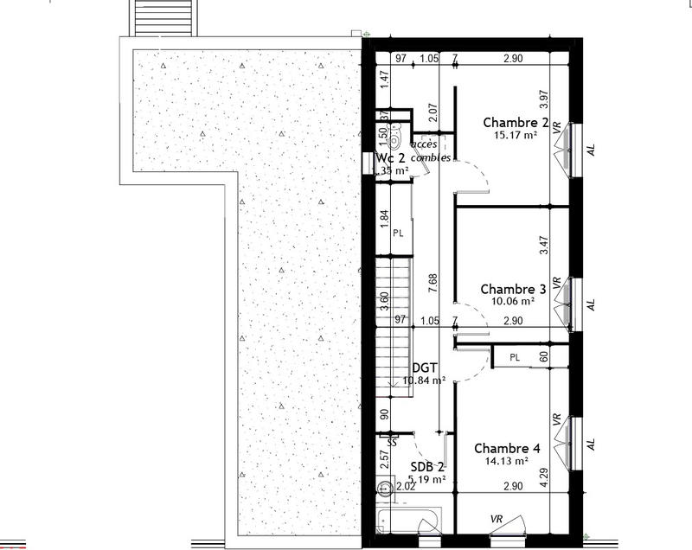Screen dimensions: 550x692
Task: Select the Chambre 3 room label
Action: pos(513,289)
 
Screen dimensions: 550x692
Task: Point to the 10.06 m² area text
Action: pos(513,302)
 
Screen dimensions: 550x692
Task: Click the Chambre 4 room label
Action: pos(507,448)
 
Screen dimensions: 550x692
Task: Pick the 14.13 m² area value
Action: pos(507,461)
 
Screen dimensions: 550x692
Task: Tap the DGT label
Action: pos(424,367)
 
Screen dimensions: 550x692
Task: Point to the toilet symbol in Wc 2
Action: pos(394,138)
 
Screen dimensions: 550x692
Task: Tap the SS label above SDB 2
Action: pos(392,442)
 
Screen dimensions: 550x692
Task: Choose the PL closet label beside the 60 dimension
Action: pos(514,357)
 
